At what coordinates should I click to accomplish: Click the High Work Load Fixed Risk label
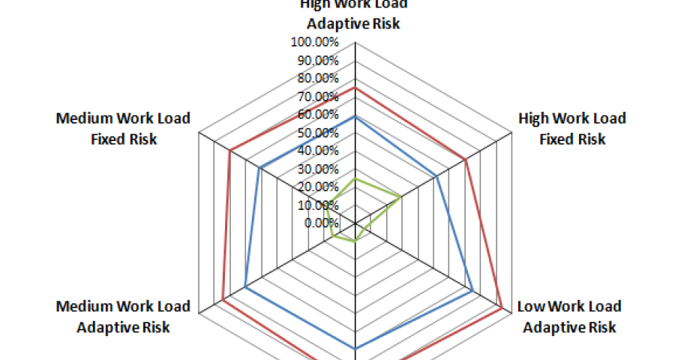[x=572, y=129]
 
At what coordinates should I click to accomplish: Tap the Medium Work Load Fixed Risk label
[x=123, y=129]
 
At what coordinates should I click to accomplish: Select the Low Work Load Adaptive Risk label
[x=569, y=316]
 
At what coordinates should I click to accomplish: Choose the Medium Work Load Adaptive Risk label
[x=123, y=316]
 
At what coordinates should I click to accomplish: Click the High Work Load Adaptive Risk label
[x=354, y=13]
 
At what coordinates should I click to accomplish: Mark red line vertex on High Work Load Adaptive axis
[x=355, y=88]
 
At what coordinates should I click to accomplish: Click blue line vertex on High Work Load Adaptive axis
[x=355, y=117]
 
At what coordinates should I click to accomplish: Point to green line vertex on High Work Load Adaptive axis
[x=355, y=179]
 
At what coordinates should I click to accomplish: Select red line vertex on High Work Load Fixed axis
[x=465, y=160]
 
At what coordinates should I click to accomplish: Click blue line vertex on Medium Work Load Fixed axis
[x=259, y=168]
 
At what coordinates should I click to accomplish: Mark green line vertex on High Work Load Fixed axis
[x=400, y=197]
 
